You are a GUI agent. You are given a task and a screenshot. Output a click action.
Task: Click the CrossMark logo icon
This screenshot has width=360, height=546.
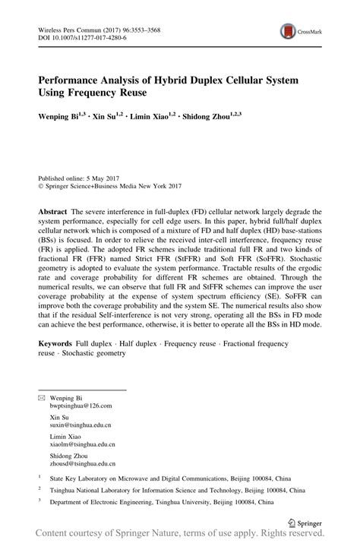tap(288, 31)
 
